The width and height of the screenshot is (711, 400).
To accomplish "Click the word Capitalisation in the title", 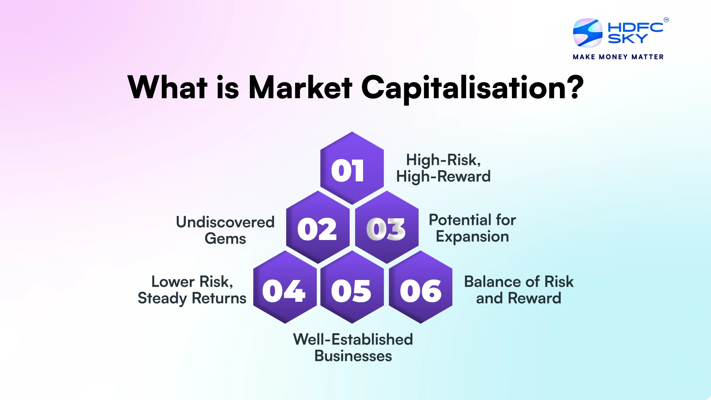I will click(x=472, y=88).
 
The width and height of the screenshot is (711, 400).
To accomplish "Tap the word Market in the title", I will click(x=300, y=87).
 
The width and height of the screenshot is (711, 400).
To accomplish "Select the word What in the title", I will click(x=168, y=87).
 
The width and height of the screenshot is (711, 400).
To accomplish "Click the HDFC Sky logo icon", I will click(x=587, y=33).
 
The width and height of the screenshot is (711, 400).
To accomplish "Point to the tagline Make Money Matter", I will click(x=618, y=57).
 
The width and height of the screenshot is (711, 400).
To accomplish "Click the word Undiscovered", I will click(x=225, y=222).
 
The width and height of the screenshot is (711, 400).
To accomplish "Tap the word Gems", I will click(x=225, y=239).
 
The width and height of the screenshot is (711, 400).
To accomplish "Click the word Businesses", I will click(x=353, y=356).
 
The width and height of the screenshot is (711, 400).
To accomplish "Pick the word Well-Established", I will click(x=353, y=340).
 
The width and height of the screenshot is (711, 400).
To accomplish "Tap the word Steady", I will click(x=163, y=298).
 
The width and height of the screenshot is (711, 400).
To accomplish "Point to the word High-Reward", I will click(x=443, y=176).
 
